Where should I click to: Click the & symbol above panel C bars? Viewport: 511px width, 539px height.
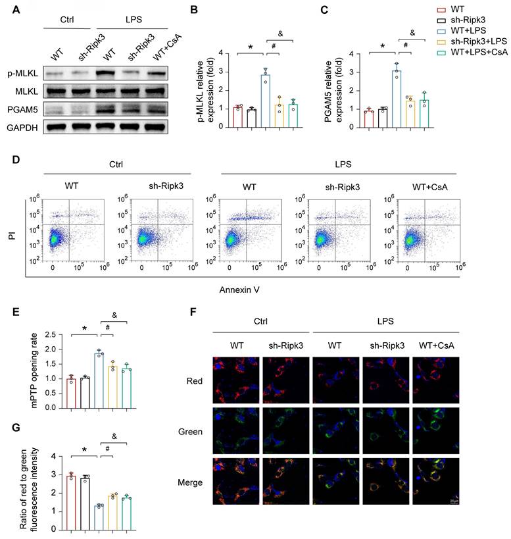412,32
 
